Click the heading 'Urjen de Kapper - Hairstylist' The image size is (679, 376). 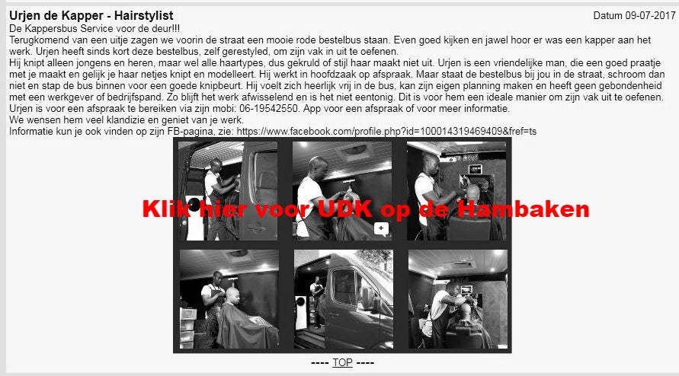(x=91, y=15)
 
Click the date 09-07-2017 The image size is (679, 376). (x=650, y=15)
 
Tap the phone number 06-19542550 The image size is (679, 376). (x=268, y=108)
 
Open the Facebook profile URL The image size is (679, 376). (x=386, y=131)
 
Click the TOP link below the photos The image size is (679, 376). (x=342, y=362)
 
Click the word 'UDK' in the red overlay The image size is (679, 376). (x=344, y=209)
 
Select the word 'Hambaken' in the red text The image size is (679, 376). (x=523, y=209)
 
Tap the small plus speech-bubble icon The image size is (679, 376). (x=381, y=229)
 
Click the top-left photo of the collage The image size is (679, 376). (x=228, y=191)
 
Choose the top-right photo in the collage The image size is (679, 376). (x=456, y=191)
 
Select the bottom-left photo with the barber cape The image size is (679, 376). (x=229, y=299)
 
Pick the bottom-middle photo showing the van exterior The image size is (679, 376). (x=344, y=299)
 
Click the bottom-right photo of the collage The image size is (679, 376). (x=458, y=299)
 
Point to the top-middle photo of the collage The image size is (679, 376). (x=342, y=191)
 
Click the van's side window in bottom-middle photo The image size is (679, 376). (x=345, y=286)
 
